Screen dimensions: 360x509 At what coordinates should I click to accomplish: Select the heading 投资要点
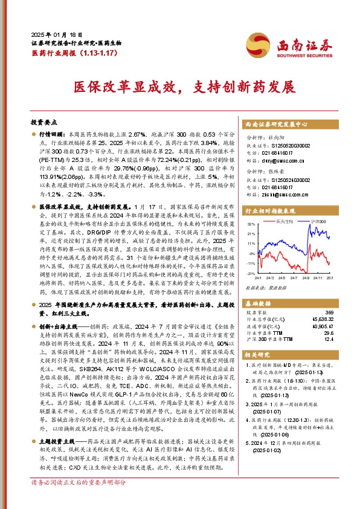43,122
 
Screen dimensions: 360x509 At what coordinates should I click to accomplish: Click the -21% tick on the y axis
251,273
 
